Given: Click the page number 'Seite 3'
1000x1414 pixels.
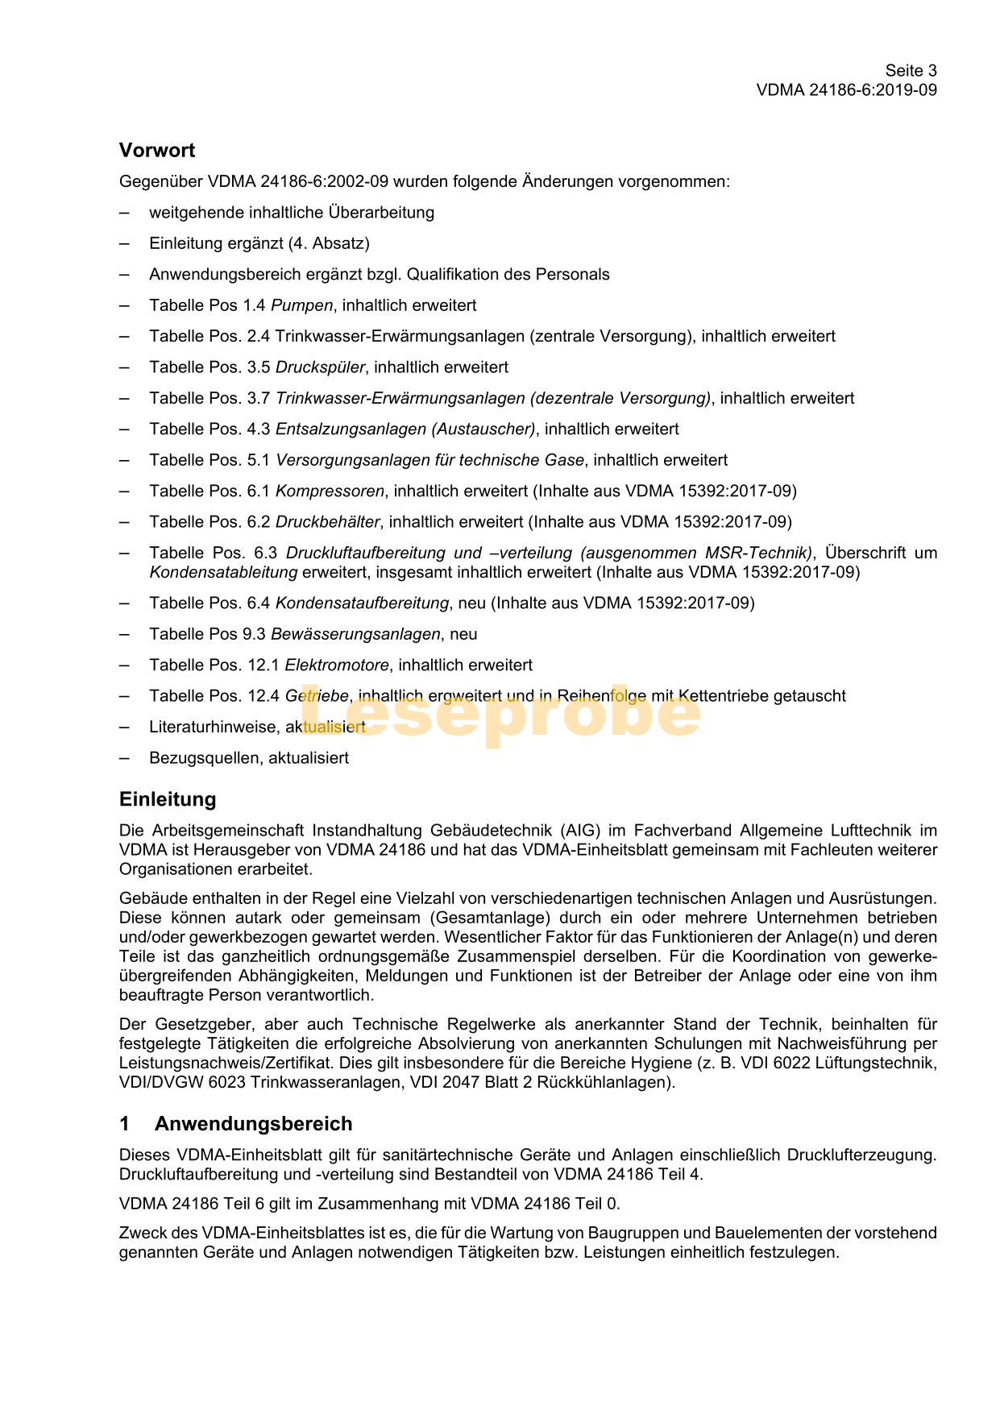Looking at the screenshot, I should pos(911,71).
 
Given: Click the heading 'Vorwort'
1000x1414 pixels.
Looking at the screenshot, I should pos(157,151).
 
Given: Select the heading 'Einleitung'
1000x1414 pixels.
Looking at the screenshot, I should pos(168,799).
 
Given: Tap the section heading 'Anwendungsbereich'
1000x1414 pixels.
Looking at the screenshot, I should pos(253,1124).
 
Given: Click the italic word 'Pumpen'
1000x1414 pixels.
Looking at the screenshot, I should pos(301,305).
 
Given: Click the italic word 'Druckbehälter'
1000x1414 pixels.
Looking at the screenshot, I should pos(327,522).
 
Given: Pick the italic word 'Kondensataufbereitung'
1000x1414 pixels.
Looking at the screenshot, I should pos(362,603).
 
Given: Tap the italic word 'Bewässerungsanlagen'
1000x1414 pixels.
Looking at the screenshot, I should pos(355,634).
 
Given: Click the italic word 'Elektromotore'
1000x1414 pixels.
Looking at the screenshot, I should pos(337,666).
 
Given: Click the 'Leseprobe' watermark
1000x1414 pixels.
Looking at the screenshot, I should pos(500,713).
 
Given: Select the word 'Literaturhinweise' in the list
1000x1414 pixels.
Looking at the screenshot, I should pos(213,728).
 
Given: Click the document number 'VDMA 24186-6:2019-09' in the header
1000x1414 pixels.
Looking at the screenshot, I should pos(846,90).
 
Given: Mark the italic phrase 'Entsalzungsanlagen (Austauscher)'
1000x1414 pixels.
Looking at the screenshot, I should pos(405,429).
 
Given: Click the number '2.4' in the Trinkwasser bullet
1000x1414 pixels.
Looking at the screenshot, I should pos(259,337).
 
